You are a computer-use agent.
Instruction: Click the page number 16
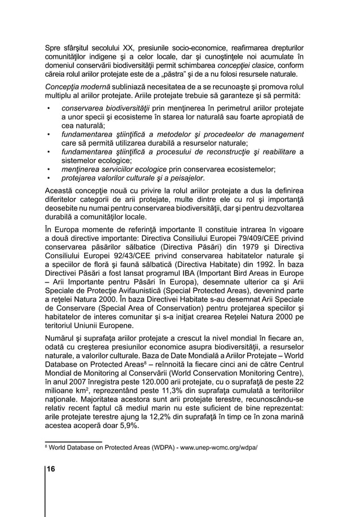click(51, 469)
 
